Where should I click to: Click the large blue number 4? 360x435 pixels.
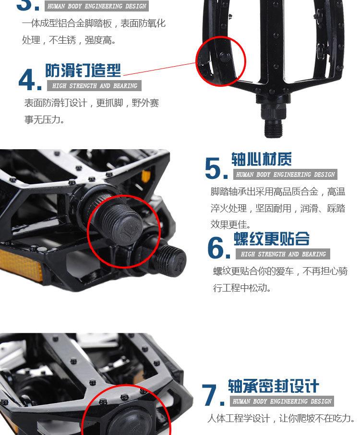click(x=30, y=80)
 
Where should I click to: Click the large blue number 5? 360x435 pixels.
click(x=216, y=168)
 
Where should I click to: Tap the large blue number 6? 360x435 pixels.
click(x=218, y=248)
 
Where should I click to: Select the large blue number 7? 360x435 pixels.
click(x=213, y=395)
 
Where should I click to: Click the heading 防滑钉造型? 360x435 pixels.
click(x=83, y=70)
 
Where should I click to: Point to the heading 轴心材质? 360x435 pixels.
click(x=262, y=159)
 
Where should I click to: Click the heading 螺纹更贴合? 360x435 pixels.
click(x=272, y=239)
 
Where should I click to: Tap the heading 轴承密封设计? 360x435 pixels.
click(x=273, y=386)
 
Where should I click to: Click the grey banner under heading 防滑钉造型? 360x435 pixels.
click(x=94, y=86)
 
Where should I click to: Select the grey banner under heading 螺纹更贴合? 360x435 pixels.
click(x=283, y=254)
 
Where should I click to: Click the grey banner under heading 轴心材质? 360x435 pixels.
click(x=285, y=174)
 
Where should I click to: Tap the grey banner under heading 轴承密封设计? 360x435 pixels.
click(x=282, y=401)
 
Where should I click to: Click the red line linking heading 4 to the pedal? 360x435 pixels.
click(x=159, y=69)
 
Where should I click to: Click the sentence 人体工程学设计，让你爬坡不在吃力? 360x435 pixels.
click(x=281, y=418)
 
